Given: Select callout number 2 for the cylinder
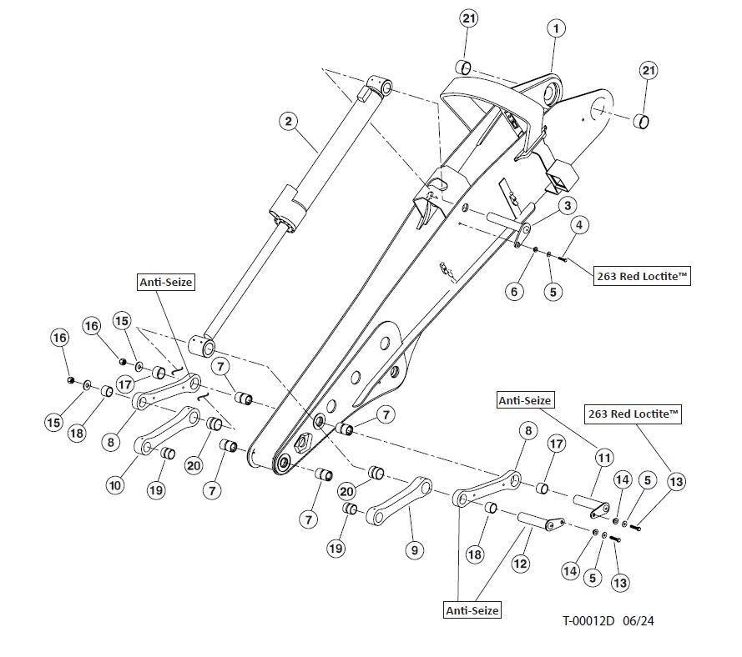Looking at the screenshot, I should coord(288,122).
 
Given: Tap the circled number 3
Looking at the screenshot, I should coord(567,205).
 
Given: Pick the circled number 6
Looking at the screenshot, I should coord(515,291).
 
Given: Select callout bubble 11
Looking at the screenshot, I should coord(603,457).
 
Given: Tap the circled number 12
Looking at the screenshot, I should coord(521,564).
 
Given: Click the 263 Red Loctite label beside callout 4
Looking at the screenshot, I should coord(643,276).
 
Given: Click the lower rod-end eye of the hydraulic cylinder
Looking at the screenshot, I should coord(203,344).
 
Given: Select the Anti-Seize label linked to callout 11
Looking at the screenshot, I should coord(524,401).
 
